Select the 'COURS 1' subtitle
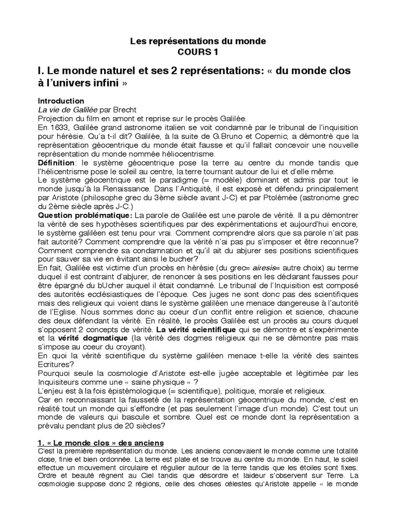click(198, 52)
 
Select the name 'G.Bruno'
click(239, 136)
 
